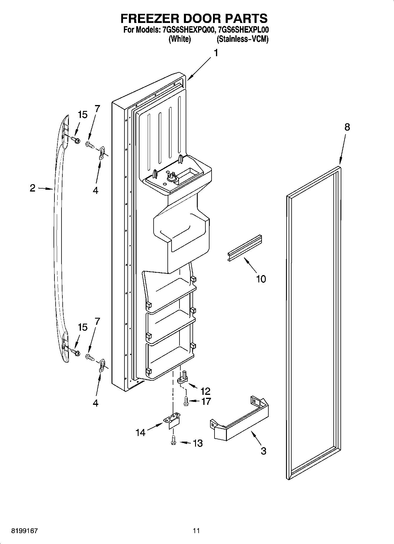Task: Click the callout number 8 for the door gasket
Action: coord(347,127)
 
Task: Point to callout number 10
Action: coord(261,279)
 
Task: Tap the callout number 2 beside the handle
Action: coord(33,188)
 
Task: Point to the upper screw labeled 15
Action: coord(75,140)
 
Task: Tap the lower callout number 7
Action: coord(97,321)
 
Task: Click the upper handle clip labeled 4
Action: coord(102,153)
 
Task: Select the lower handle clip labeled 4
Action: coord(102,365)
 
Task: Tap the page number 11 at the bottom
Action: coord(197,531)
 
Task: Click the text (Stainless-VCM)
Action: coord(242,39)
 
